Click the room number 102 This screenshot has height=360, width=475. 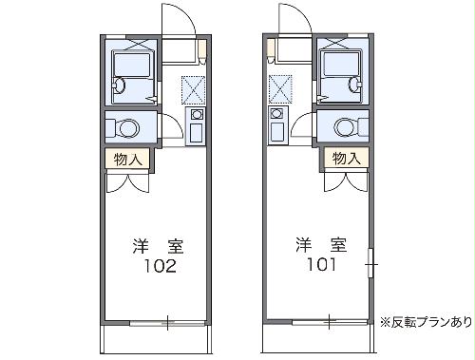(159, 267)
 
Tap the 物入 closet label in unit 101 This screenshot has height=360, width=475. (344, 159)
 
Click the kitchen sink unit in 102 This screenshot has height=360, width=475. (197, 125)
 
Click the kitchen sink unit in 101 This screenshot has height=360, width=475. (278, 125)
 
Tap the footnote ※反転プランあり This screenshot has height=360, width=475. (424, 320)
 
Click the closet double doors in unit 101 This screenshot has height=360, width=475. (346, 180)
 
